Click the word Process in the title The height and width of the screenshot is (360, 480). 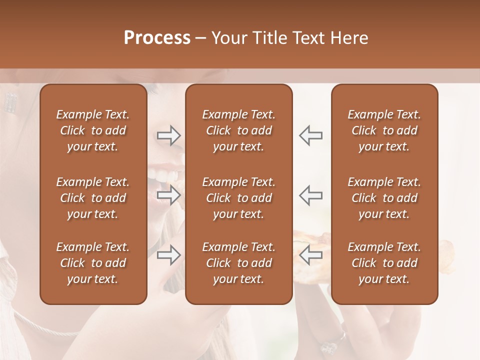(157, 38)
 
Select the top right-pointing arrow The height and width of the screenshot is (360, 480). (169, 135)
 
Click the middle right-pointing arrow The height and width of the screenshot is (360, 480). (169, 195)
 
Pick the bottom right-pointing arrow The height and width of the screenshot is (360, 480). (169, 255)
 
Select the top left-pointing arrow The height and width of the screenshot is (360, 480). (310, 135)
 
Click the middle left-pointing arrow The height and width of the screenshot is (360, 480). (310, 195)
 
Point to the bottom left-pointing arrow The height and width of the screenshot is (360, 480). (310, 255)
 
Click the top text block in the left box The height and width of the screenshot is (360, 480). (93, 130)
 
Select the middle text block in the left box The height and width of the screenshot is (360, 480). (93, 198)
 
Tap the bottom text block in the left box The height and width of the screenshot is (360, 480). (93, 263)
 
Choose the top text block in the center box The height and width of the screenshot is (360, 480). (239, 130)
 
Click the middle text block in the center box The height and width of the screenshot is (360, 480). (239, 198)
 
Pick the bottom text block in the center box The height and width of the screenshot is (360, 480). (239, 263)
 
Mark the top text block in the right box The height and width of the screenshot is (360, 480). (384, 130)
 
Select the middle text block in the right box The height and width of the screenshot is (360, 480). (384, 198)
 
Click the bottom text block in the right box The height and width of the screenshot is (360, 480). (384, 263)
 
